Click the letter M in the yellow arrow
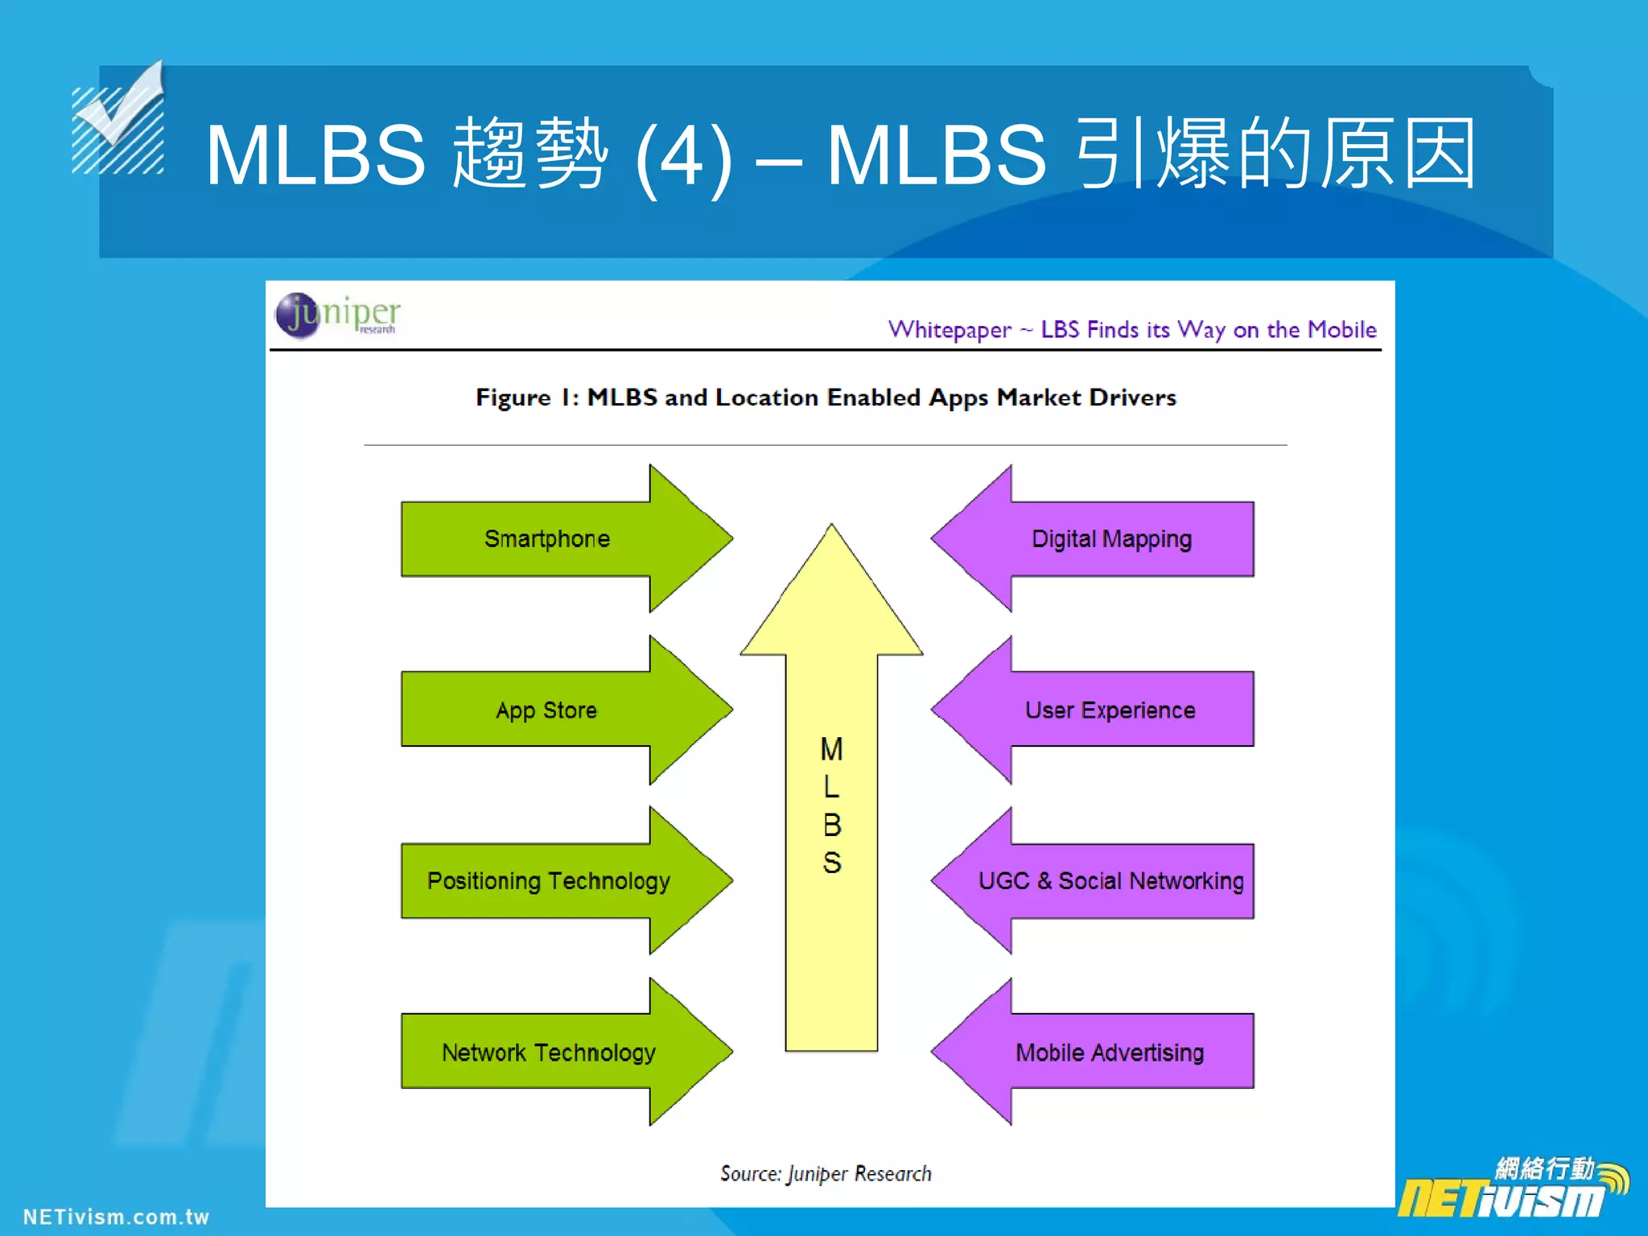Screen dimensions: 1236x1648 tap(831, 749)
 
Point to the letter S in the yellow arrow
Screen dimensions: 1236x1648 tap(831, 863)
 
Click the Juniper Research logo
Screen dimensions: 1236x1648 tap(337, 315)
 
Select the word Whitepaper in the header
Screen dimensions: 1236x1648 tap(950, 330)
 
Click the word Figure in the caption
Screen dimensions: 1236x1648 tap(513, 398)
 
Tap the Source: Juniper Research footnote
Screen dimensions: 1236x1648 tap(826, 1173)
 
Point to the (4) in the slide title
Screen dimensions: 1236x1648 tap(683, 156)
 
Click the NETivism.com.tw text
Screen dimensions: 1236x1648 tap(116, 1217)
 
